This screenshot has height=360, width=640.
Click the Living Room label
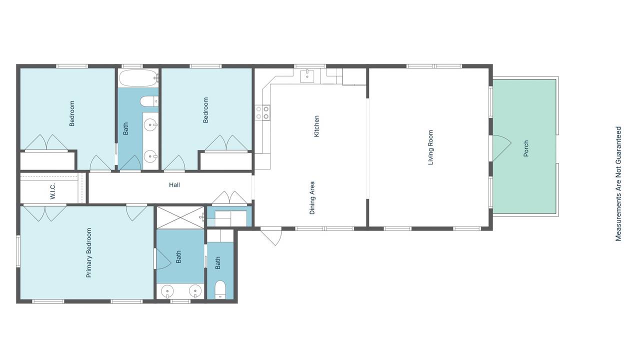(x=430, y=147)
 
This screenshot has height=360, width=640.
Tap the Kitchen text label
(x=316, y=126)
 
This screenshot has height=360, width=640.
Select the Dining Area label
(x=312, y=197)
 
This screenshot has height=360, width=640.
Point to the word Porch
(x=526, y=148)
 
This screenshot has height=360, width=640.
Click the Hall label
(x=174, y=185)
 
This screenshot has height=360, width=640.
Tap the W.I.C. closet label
(x=53, y=191)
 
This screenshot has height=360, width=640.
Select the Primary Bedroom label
(x=89, y=252)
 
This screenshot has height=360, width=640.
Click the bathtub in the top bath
(x=138, y=77)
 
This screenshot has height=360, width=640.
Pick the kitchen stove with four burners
(x=262, y=112)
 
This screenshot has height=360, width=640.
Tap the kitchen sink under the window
(x=307, y=75)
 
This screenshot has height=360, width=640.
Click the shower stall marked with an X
(x=180, y=217)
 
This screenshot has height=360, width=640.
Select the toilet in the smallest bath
(x=220, y=290)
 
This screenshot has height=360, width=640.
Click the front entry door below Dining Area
(x=271, y=236)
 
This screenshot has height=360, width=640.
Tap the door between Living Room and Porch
(x=500, y=148)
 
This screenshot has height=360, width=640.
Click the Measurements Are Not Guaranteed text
(x=618, y=183)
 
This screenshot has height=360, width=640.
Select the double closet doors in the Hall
(x=229, y=197)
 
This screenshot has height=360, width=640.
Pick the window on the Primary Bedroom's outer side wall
(x=18, y=251)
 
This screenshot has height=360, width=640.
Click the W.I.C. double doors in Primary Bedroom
(x=45, y=213)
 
